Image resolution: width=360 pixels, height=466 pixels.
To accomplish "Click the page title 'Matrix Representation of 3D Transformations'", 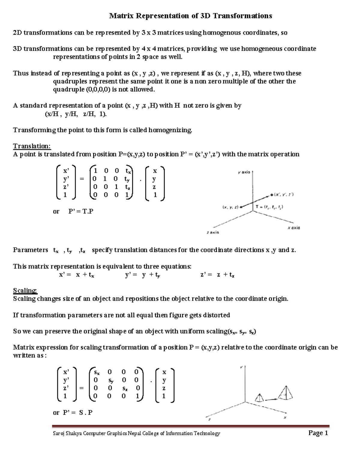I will [190, 16].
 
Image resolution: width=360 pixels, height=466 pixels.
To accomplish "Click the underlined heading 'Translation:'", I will [32, 146].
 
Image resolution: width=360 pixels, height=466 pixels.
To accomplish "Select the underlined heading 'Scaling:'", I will [25, 290].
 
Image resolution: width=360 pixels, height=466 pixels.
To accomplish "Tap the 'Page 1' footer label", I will [318, 433].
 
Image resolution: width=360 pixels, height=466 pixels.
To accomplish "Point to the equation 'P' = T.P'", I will [81, 211].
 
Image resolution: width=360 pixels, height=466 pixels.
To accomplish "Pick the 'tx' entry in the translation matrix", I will [128, 171].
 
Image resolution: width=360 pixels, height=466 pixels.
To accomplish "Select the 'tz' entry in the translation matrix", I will [128, 187].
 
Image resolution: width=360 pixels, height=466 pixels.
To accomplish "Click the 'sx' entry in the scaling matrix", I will [97, 372].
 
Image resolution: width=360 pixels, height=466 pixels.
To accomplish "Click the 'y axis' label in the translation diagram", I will [244, 172].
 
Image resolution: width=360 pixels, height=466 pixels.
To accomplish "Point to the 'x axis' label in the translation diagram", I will [294, 228].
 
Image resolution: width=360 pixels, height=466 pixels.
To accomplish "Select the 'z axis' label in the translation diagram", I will [213, 232].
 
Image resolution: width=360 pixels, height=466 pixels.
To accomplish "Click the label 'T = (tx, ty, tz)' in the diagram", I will [269, 207].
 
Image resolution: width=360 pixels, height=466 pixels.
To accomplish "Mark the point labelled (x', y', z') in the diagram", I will [272, 195].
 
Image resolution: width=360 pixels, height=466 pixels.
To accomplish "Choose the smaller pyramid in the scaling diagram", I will [259, 398].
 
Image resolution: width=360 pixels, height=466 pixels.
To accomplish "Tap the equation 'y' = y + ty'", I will [142, 275].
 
